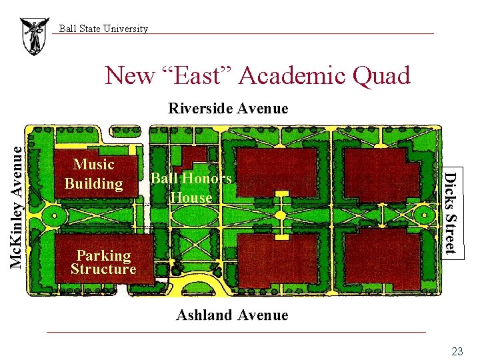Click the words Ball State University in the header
click(x=103, y=29)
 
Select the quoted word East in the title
click(x=199, y=76)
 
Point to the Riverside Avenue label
click(x=228, y=108)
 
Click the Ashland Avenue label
click(x=232, y=315)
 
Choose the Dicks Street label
click(x=451, y=212)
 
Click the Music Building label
click(x=94, y=173)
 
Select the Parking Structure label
click(x=103, y=262)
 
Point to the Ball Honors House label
click(x=191, y=187)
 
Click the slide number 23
click(x=457, y=351)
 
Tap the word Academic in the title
click(x=289, y=76)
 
